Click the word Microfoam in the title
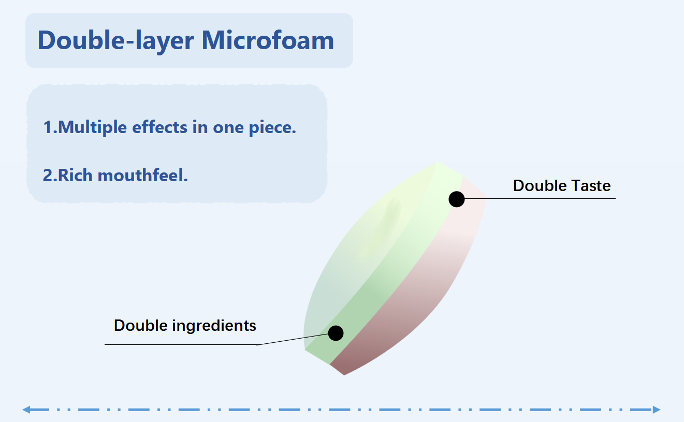[268, 40]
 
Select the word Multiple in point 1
[92, 127]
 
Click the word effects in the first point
[159, 127]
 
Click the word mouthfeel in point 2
[142, 175]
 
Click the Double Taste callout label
[562, 186]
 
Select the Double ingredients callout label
[185, 326]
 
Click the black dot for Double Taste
[457, 199]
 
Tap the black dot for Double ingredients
[336, 333]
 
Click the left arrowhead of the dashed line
[26, 410]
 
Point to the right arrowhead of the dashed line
[657, 410]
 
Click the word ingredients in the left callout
[214, 326]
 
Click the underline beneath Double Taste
[540, 198]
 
